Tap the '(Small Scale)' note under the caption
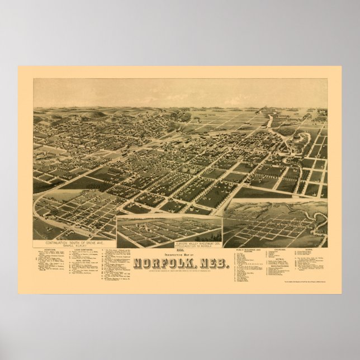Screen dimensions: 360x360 click(76, 231)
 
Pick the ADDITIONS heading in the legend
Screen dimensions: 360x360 click(48, 235)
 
